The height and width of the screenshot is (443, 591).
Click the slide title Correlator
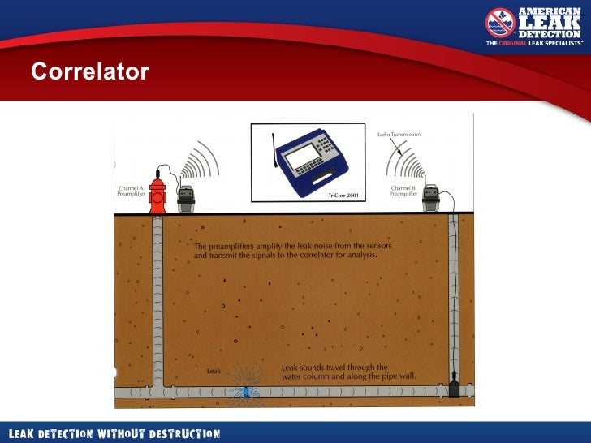[90, 72]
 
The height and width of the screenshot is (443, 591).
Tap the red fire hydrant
[157, 192]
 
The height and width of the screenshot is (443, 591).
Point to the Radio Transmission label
[398, 134]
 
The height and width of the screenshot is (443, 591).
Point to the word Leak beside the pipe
[214, 371]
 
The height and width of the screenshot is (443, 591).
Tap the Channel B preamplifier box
[431, 199]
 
